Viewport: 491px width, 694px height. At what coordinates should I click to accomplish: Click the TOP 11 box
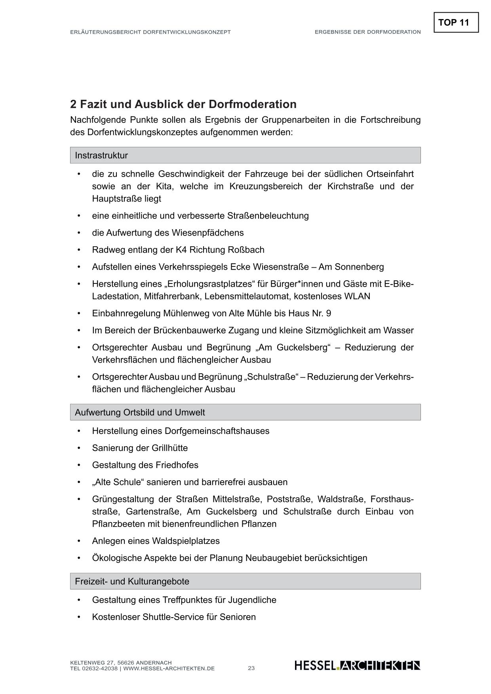pos(456,23)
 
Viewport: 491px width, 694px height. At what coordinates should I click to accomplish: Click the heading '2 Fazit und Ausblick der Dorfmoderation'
pos(183,104)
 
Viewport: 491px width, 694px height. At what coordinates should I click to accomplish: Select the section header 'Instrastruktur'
pos(101,155)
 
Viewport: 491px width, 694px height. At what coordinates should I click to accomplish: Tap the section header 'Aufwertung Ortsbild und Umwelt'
pos(140,412)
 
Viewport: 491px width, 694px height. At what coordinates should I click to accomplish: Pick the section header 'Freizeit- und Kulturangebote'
pos(132,581)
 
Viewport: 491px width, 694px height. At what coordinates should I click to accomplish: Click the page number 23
pos(251,668)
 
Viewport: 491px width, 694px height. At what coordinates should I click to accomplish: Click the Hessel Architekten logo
pos(357,665)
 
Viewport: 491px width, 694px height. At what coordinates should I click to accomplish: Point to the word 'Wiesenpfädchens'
pos(207,233)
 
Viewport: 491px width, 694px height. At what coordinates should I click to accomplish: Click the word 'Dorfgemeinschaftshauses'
pos(217,431)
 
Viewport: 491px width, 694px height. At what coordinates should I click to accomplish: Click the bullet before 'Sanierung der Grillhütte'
pos(79,448)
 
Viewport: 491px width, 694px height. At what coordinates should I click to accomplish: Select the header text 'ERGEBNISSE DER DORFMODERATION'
pos(367,32)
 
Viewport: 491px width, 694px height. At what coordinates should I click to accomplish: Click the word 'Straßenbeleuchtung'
pos(268,216)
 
